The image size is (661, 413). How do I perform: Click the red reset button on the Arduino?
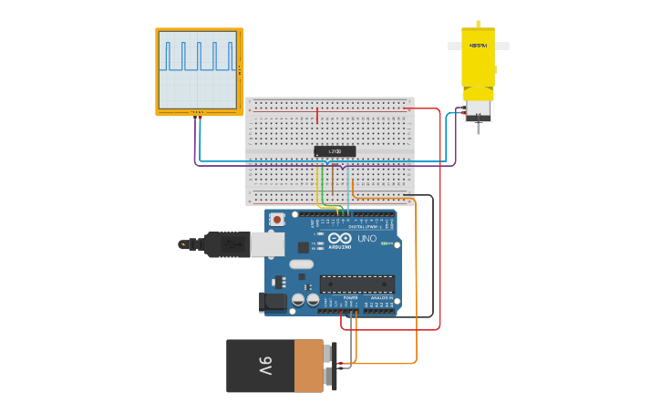coord(276,220)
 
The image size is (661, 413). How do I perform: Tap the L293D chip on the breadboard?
coord(335,151)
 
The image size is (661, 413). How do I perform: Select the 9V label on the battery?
coord(264,367)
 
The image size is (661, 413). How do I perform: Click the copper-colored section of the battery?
coord(309,367)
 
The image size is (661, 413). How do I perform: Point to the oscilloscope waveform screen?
coord(198,70)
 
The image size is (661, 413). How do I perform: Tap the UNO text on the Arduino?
coord(367,239)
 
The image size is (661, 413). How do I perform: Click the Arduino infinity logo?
coord(339,239)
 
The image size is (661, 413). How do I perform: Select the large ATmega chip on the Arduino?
coord(356,284)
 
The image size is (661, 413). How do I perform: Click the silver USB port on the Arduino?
coord(266,243)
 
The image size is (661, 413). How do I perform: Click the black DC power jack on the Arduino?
coord(273,301)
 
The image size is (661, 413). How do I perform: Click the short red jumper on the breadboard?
coord(317,116)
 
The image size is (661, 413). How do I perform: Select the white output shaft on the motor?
coord(478,45)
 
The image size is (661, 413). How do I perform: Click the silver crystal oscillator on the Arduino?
coord(301,265)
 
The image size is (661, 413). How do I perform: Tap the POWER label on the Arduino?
coord(350,297)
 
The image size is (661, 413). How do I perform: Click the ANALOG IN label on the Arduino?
coord(381,297)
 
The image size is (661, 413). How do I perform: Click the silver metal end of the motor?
coord(478,110)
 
